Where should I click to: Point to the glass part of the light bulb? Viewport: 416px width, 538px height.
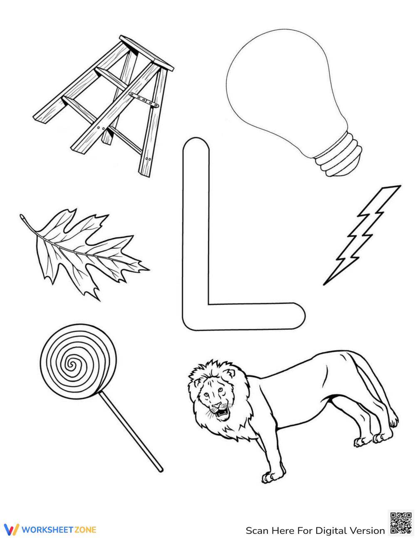click(x=283, y=83)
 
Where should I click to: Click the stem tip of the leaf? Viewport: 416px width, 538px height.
click(x=22, y=217)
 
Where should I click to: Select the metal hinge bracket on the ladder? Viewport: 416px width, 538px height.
click(x=144, y=100)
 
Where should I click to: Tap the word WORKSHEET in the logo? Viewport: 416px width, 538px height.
click(x=47, y=530)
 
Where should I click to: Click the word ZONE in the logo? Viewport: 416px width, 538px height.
click(x=85, y=530)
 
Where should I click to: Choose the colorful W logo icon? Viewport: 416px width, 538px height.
click(x=11, y=529)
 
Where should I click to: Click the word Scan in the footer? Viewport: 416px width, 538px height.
click(x=257, y=531)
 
